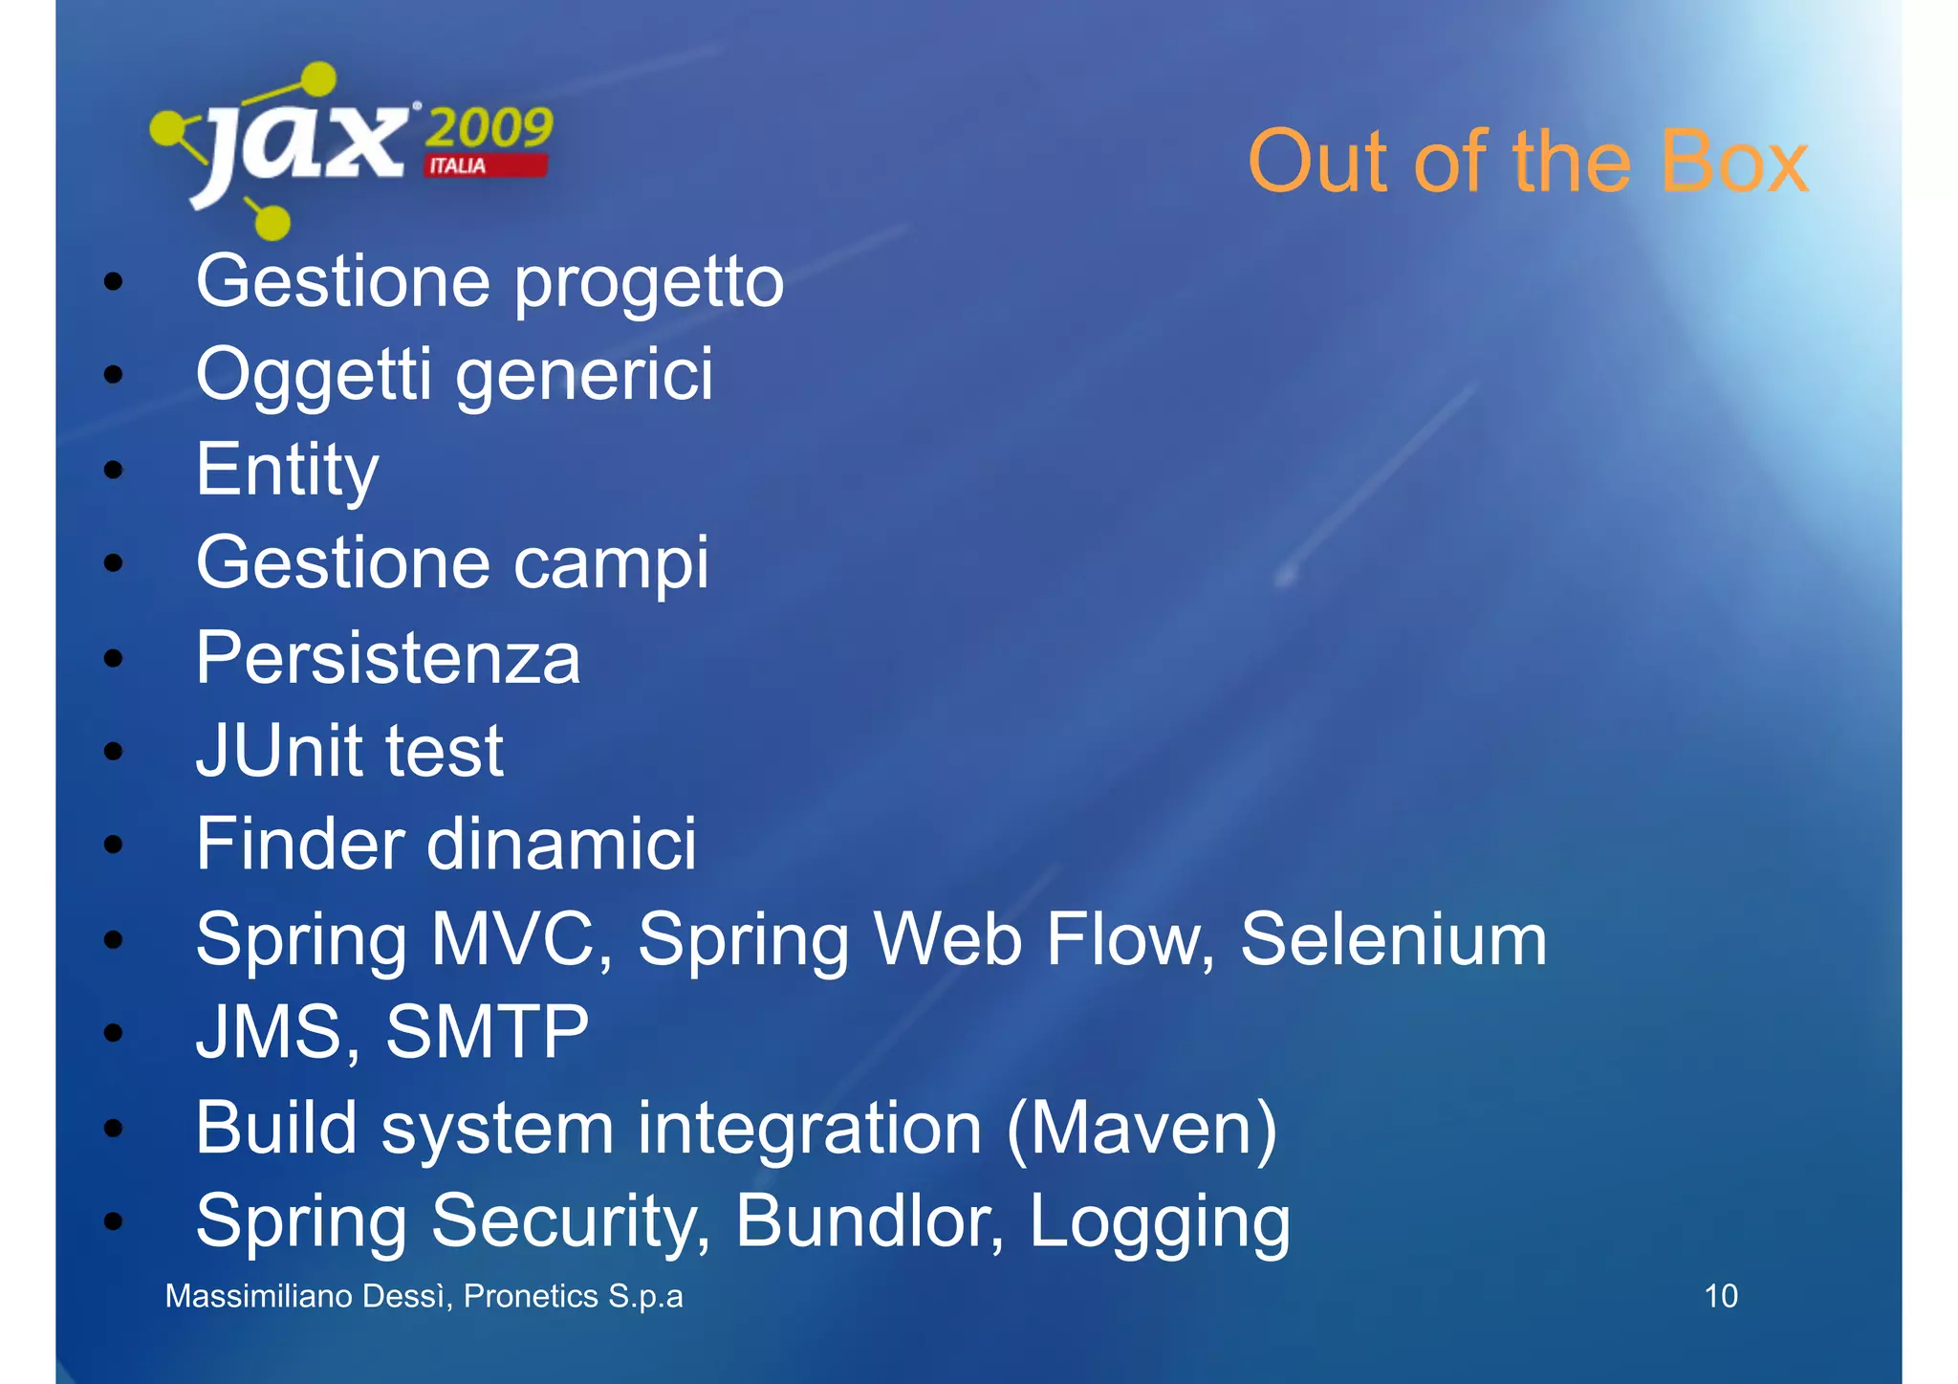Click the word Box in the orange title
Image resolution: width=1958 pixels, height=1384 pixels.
pyautogui.click(x=1733, y=162)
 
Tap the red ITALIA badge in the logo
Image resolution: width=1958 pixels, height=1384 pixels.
pyautogui.click(x=486, y=166)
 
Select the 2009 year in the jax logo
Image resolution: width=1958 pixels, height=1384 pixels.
pyautogui.click(x=489, y=127)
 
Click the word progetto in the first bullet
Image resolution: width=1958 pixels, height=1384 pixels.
pyautogui.click(x=649, y=283)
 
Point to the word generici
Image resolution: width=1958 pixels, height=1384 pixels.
pyautogui.click(x=584, y=375)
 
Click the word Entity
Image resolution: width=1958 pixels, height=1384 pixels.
pyautogui.click(x=287, y=471)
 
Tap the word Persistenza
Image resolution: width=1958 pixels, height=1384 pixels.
pyautogui.click(x=388, y=658)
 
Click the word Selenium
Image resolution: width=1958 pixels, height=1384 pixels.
pyautogui.click(x=1393, y=939)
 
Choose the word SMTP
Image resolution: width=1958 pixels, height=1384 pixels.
pyautogui.click(x=487, y=1033)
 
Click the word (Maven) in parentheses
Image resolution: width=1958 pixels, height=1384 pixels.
pyautogui.click(x=1142, y=1129)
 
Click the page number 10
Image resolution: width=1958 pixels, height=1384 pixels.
pyautogui.click(x=1720, y=1296)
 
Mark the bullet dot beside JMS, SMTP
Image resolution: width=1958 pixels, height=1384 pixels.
pyautogui.click(x=114, y=1033)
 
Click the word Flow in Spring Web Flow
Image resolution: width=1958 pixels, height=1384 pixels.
pyautogui.click(x=1129, y=939)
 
